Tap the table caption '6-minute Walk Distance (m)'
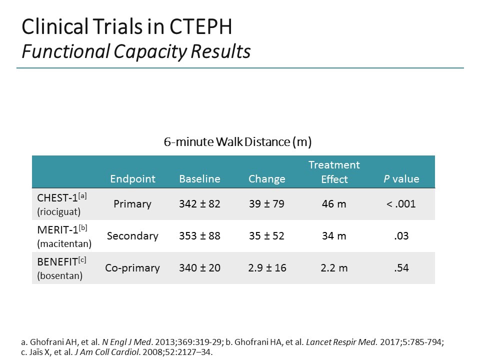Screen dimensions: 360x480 coord(237,142)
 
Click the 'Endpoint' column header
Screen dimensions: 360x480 coord(132,179)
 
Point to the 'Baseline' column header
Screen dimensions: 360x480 coord(199,179)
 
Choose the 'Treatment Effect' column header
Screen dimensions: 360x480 coord(334,172)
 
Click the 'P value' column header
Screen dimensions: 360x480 coord(401,179)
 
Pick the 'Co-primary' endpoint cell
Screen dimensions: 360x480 coord(132,268)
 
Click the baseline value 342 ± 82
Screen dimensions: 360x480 coord(199,204)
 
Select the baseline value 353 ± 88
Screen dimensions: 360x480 coord(199,236)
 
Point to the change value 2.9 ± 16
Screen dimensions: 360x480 coord(267,268)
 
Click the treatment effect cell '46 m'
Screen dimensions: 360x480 coord(334,204)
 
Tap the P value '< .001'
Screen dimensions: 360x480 coord(401,204)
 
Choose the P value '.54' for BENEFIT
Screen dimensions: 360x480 coord(401,268)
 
